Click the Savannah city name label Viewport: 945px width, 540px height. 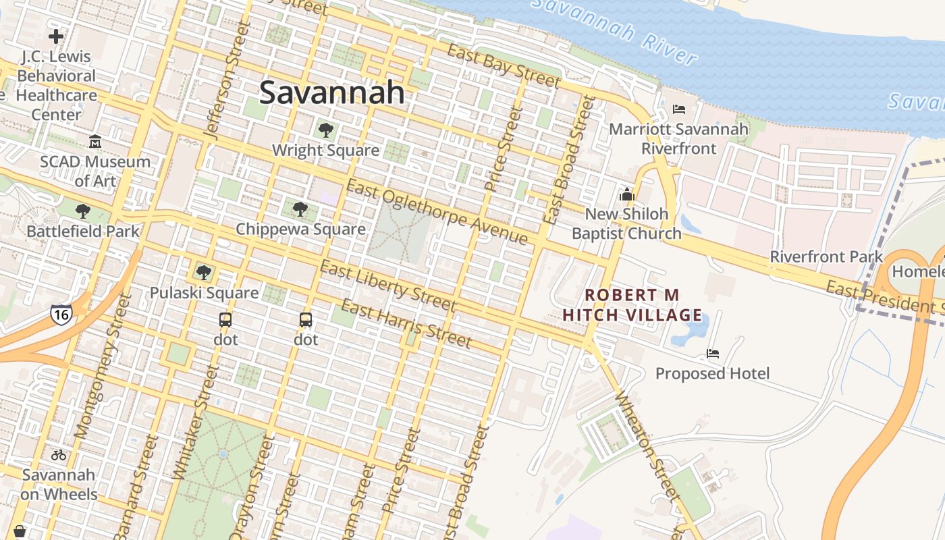point(331,92)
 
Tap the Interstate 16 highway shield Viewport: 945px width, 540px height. point(61,314)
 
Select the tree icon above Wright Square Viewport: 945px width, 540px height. point(325,130)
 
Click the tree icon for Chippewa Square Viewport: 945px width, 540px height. point(300,209)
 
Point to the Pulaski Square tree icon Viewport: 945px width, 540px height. point(203,273)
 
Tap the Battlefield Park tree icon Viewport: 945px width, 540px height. point(82,211)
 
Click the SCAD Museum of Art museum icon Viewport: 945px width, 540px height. point(95,142)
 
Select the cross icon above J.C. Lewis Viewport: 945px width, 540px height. point(56,36)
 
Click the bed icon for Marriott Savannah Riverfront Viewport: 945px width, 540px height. point(679,109)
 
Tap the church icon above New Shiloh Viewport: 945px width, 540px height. point(626,194)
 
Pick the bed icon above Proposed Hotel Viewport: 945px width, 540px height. point(712,354)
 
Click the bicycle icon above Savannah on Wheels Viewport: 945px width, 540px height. point(59,455)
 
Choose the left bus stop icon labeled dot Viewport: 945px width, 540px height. point(225,320)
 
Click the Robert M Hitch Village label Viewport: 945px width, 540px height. point(632,305)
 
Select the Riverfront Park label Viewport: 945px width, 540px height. point(826,256)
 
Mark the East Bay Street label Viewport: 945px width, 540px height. point(504,66)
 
